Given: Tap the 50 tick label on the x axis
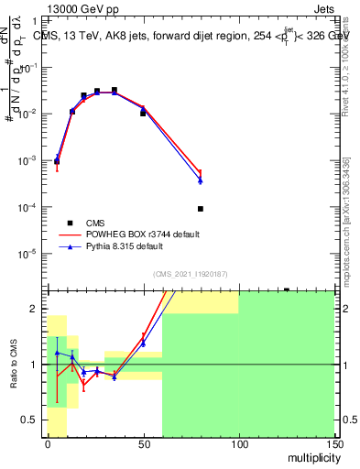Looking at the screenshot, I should (143, 444).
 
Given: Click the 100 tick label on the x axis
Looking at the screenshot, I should (239, 444).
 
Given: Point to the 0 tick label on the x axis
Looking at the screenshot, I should (48, 444).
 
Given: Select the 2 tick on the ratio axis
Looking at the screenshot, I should (38, 309).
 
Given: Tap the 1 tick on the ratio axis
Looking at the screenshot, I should (38, 365).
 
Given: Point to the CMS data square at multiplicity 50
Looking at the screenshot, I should (143, 113).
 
